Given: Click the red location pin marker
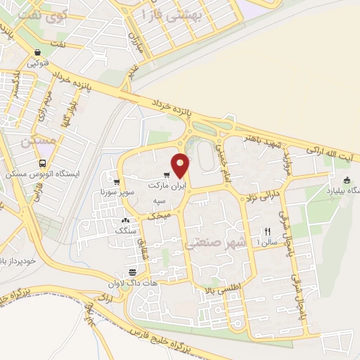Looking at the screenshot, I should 181,165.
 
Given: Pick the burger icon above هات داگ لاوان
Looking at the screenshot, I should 132,273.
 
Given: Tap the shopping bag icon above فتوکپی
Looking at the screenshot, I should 37,52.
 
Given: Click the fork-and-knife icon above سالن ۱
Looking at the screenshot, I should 267,231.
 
